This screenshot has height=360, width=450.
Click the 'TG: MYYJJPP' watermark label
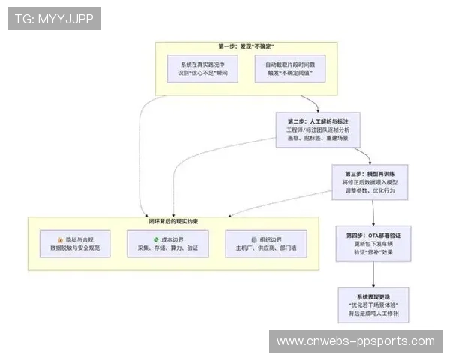click(x=54, y=18)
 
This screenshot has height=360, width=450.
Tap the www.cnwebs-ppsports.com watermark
click(x=355, y=341)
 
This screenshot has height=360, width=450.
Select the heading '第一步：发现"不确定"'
click(x=244, y=46)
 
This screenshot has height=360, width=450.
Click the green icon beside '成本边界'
click(x=156, y=238)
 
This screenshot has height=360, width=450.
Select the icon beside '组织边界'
click(x=253, y=238)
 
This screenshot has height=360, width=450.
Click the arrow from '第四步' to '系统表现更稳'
click(x=369, y=274)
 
